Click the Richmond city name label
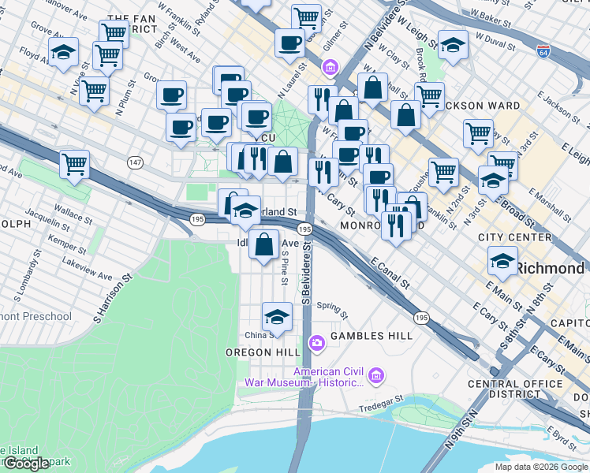(x=551, y=268)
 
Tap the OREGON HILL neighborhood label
(x=263, y=352)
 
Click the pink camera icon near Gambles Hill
(x=317, y=342)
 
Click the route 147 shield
(x=136, y=161)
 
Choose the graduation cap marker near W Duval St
(x=453, y=45)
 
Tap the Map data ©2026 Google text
(x=540, y=467)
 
